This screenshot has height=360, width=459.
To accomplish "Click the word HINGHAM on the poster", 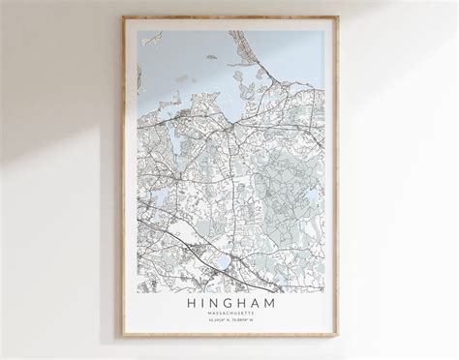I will point(232,303).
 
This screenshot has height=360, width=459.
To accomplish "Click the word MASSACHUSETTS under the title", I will point(232,315).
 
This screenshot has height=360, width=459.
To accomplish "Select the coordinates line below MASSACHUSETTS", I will point(232,323).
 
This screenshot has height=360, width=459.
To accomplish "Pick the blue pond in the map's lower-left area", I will point(152,206).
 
